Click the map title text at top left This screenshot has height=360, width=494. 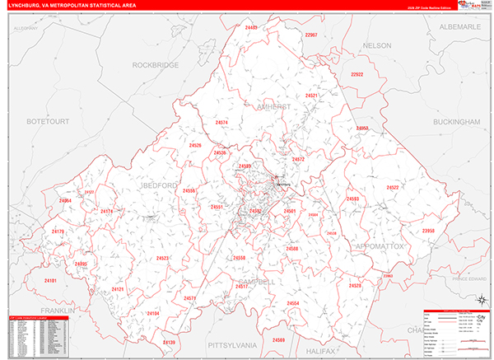point(70,5)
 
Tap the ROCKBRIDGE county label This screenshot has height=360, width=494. point(156,64)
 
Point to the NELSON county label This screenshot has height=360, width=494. point(376,45)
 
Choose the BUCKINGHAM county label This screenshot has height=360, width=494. point(455,121)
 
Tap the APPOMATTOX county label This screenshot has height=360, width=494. point(379,246)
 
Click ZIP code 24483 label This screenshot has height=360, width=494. point(251,28)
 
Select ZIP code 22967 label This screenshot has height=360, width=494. point(310,35)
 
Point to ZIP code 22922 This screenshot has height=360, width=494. point(357,74)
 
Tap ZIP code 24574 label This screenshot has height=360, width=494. point(221,123)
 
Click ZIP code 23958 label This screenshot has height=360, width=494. point(428,231)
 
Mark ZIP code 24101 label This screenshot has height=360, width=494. point(51,281)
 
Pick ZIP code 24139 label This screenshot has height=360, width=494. point(169,342)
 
